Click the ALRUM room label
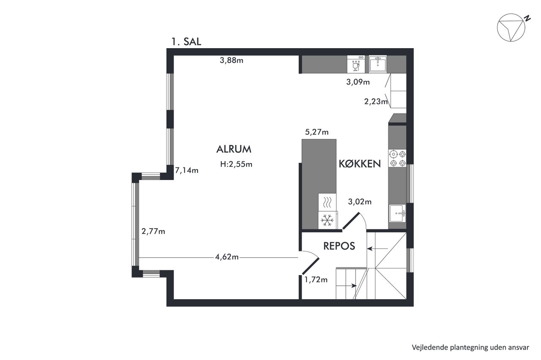[x=234, y=149]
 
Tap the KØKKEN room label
[x=360, y=164]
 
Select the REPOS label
[x=339, y=246]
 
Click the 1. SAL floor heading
[x=186, y=42]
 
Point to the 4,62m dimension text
[x=227, y=257]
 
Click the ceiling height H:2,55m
[x=236, y=164]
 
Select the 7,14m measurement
[x=187, y=170]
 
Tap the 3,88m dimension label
[x=231, y=60]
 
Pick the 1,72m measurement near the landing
[x=316, y=280]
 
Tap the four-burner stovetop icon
[x=397, y=158]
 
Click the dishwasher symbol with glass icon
[x=356, y=64]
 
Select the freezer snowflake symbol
[x=327, y=220]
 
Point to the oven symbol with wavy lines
[x=327, y=202]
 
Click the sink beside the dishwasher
[x=378, y=64]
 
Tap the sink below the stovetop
[x=397, y=213]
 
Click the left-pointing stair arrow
[x=377, y=248]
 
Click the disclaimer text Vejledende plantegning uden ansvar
[x=470, y=347]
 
